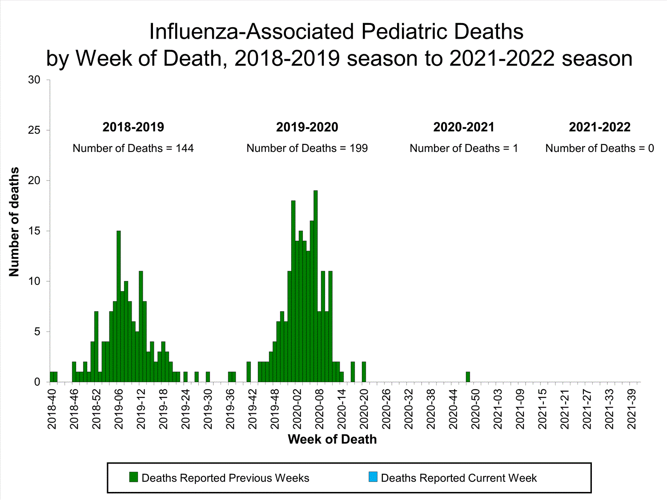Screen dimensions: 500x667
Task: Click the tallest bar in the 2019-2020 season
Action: (315, 286)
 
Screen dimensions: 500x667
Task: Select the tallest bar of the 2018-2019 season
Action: (119, 306)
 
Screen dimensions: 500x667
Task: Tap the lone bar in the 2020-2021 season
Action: (468, 377)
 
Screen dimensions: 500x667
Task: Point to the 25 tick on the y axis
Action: (34, 130)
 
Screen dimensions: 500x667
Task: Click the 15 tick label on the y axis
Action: (34, 231)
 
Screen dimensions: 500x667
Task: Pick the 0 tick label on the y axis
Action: (37, 382)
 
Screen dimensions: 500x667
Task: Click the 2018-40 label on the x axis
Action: (52, 409)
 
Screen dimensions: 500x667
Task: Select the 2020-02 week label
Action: (297, 409)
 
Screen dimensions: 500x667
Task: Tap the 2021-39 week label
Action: (631, 409)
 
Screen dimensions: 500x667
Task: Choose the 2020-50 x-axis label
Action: (475, 409)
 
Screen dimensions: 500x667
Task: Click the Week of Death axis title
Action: (332, 440)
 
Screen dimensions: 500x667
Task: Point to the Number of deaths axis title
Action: (14, 222)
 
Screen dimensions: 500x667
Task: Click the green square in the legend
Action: (133, 477)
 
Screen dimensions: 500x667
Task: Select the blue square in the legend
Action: (373, 477)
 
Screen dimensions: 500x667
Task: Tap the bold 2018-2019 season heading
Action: (133, 127)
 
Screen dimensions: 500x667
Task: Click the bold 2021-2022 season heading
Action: (599, 127)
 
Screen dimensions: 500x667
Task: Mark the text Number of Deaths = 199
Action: (307, 148)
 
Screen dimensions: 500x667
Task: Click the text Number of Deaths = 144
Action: (133, 148)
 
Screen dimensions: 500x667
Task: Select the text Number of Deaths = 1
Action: (464, 148)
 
